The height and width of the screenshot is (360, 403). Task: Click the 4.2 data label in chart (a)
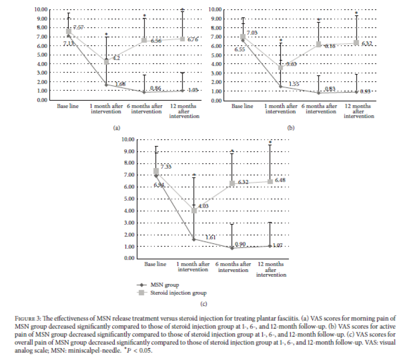116,58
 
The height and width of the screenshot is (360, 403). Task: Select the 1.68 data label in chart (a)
120,84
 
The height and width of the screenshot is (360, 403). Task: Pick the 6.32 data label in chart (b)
367,43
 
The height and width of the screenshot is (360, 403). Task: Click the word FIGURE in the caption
55,318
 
